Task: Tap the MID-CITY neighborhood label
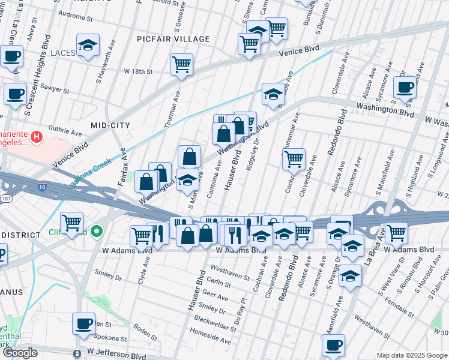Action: click(110, 125)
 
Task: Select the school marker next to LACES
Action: click(88, 47)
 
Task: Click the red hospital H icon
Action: click(37, 137)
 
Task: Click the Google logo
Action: click(20, 353)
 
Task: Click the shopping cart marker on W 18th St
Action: click(181, 65)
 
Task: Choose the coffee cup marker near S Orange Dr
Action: click(333, 346)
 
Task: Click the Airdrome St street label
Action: click(76, 19)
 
